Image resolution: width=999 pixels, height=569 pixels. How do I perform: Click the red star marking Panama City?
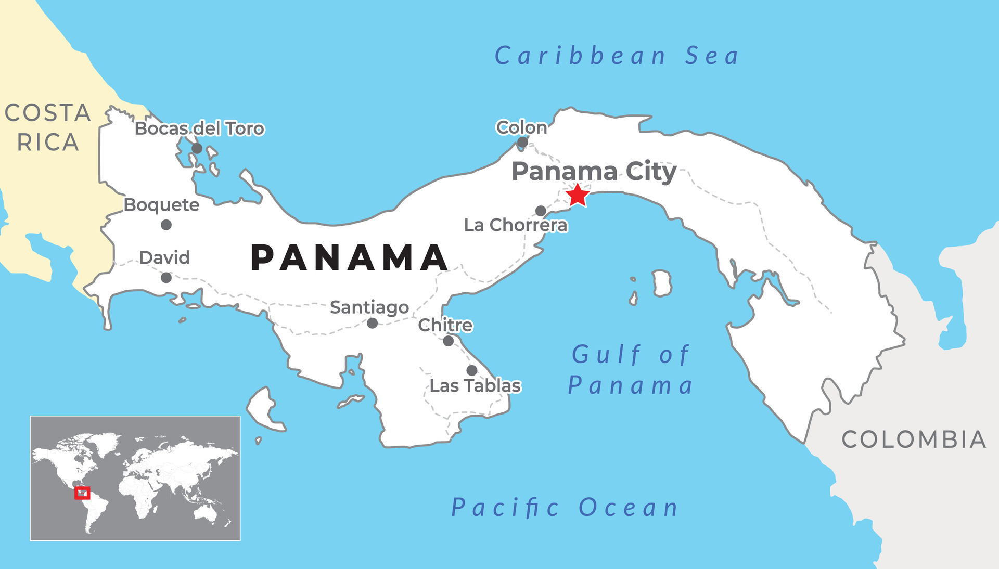(x=578, y=196)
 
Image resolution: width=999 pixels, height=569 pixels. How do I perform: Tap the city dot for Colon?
(x=522, y=142)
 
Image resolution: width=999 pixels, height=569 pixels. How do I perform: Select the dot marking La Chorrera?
(x=541, y=211)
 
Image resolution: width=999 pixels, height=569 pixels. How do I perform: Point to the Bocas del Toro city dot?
(x=197, y=148)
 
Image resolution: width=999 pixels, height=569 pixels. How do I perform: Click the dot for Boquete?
(x=166, y=225)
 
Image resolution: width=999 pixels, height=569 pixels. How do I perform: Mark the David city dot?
(x=166, y=278)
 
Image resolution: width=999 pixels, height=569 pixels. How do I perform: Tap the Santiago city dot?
(x=372, y=323)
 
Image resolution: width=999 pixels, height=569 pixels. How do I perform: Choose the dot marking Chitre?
(x=448, y=341)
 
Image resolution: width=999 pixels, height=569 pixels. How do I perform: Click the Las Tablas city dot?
(x=471, y=370)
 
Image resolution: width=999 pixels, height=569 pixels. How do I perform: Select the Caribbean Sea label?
(x=617, y=56)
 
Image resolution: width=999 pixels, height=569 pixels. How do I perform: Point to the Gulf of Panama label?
(x=631, y=370)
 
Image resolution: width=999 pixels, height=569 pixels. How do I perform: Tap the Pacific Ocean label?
(x=565, y=507)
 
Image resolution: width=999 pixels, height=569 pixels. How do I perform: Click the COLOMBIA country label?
(x=914, y=439)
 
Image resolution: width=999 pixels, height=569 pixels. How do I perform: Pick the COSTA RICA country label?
(x=48, y=127)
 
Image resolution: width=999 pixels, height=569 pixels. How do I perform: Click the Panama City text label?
(x=594, y=171)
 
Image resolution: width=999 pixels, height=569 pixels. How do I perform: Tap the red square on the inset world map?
(x=82, y=493)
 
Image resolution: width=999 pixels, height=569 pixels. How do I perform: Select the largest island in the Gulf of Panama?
(x=662, y=283)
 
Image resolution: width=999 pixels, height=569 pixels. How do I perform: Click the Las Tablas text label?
(x=475, y=386)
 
